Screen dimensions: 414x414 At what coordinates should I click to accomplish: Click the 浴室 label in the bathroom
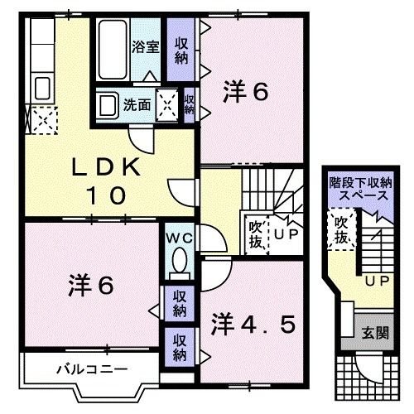(146, 47)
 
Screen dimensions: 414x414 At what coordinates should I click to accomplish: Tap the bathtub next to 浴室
(113, 48)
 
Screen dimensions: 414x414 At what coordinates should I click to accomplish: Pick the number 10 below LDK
(108, 196)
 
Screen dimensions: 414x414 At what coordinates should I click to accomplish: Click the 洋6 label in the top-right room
(245, 93)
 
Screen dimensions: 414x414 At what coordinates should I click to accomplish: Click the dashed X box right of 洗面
(168, 105)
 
